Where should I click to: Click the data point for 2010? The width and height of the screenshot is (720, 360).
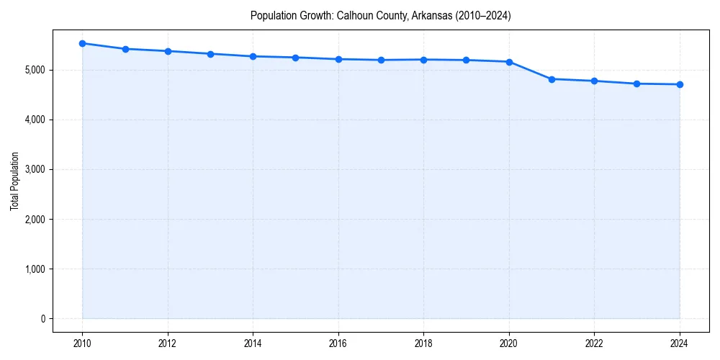(x=83, y=43)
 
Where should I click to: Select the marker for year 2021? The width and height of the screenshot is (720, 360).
(x=552, y=79)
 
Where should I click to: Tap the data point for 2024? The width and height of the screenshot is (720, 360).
(x=680, y=84)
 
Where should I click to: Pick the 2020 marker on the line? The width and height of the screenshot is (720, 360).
(x=509, y=62)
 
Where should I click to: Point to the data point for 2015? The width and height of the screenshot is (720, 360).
(x=296, y=58)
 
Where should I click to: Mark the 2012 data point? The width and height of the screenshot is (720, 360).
(x=168, y=51)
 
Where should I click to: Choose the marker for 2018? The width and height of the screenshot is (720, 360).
(x=424, y=60)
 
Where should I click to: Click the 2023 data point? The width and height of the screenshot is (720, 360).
(x=637, y=84)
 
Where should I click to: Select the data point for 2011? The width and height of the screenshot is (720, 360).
(x=125, y=49)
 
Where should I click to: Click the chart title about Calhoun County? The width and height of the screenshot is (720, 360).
(x=380, y=16)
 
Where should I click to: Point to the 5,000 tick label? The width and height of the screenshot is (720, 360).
(x=35, y=70)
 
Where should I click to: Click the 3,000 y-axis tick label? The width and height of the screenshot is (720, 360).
(x=35, y=169)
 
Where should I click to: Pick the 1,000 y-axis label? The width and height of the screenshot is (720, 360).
(x=35, y=269)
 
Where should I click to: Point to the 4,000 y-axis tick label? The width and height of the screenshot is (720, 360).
(x=35, y=120)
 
